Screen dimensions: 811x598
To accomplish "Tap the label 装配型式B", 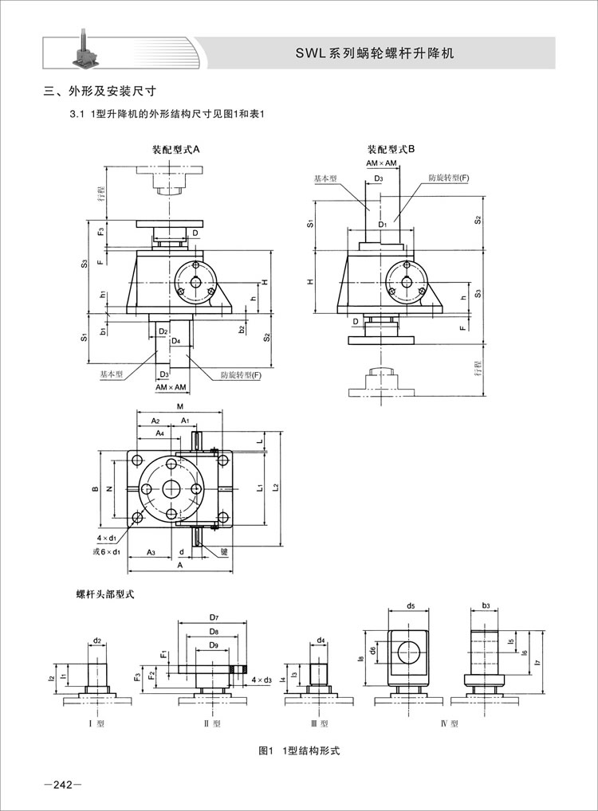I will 391,149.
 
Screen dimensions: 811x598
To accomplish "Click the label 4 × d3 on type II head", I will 262,680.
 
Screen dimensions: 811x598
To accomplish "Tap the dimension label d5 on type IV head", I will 410,605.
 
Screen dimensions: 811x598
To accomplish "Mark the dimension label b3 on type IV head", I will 486,605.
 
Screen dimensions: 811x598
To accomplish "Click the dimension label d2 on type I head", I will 97,640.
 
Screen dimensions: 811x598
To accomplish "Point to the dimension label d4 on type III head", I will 321,640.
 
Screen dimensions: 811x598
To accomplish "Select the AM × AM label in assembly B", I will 382,163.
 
